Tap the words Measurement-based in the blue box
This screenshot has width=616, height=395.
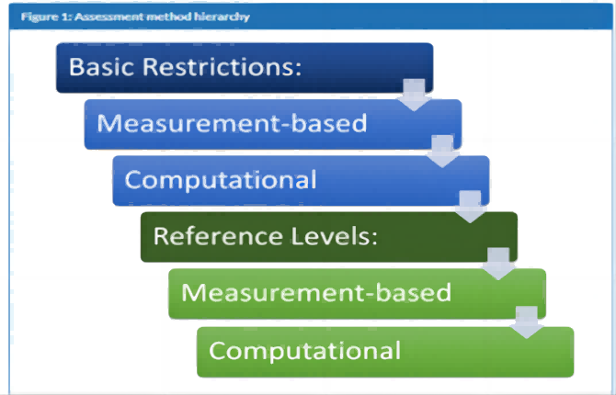232,123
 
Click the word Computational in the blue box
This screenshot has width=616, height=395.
221,180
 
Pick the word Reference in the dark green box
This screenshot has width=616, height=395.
218,236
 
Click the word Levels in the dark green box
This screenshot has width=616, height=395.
330,236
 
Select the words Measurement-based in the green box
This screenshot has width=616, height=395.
316,292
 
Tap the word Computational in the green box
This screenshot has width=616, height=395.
305,351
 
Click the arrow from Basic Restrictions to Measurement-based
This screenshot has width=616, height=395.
414,95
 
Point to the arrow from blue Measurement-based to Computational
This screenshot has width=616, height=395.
442,152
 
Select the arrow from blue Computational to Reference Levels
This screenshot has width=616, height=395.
470,207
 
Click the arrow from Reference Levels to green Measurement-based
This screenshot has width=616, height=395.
498,264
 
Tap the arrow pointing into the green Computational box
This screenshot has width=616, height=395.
527,322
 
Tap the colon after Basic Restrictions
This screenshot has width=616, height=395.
298,69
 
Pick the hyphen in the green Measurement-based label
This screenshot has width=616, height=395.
366,295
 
